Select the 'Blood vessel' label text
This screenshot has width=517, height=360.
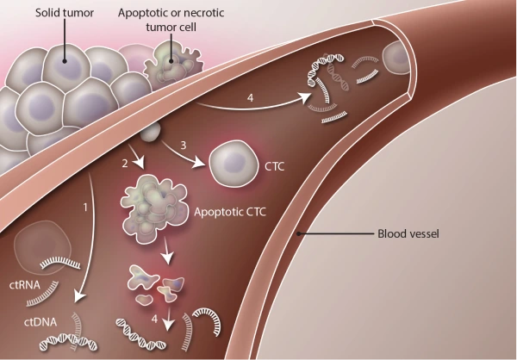click(x=408, y=233)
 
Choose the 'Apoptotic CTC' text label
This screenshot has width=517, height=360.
click(x=230, y=209)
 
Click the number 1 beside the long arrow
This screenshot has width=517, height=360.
click(x=85, y=207)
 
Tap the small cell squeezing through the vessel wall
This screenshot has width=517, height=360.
click(x=152, y=132)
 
